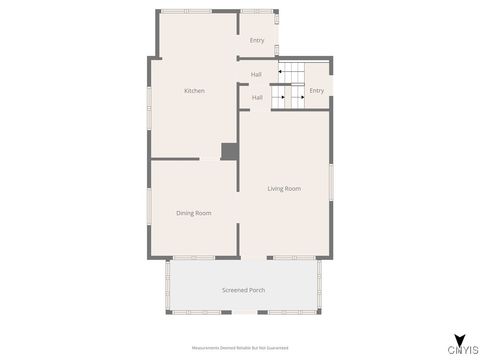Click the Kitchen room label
[194, 91]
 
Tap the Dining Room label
[194, 213]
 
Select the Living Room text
[284, 188]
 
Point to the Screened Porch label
[243, 290]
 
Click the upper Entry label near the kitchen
[257, 40]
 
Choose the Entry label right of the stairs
[316, 91]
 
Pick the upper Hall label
[256, 74]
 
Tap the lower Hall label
[257, 97]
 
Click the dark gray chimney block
[230, 151]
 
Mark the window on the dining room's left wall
[150, 209]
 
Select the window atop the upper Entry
[256, 11]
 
